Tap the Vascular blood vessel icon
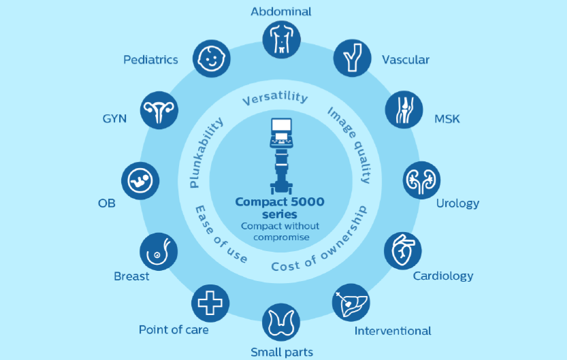pyautogui.click(x=353, y=59)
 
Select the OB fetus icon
pyautogui.click(x=140, y=181)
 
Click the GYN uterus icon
pyautogui.click(x=159, y=110)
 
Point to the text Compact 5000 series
pyautogui.click(x=280, y=208)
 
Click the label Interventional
pyautogui.click(x=393, y=331)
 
